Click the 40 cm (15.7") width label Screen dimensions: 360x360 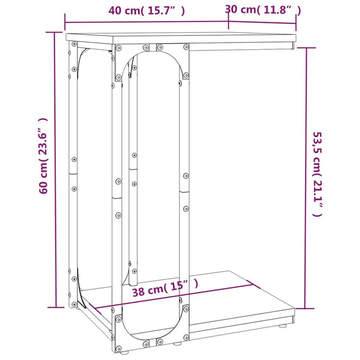pyautogui.click(x=146, y=11)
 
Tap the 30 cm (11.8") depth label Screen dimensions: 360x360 pyautogui.click(x=263, y=10)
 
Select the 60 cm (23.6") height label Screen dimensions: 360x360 pyautogui.click(x=43, y=156)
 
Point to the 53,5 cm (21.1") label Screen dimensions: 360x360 pyautogui.click(x=318, y=174)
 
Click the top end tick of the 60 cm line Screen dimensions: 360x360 pyautogui.click(x=55, y=32)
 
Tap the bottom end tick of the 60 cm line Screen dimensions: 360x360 pyautogui.click(x=56, y=307)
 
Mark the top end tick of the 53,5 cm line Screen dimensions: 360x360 pyautogui.click(x=306, y=48)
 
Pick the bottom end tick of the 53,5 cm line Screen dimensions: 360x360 pyautogui.click(x=305, y=308)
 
